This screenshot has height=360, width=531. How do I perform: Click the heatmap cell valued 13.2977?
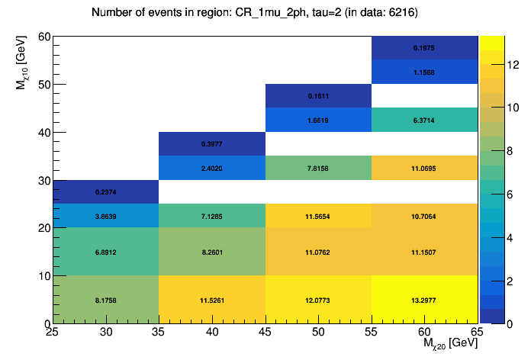coord(424,300)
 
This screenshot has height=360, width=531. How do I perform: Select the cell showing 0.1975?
coord(424,48)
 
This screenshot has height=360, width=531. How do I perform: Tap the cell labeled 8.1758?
coord(105,300)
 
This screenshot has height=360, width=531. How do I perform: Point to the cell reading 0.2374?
coord(105,192)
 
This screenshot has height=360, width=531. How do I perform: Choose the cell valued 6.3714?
coord(424,120)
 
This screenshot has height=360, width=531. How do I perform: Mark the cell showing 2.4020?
coord(211,168)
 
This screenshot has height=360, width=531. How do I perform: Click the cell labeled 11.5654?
coord(318,216)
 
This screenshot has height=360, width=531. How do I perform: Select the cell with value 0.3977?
coord(211,144)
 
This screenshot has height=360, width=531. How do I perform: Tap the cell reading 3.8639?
coord(105,216)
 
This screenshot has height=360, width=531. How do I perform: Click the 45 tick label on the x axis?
coord(265,333)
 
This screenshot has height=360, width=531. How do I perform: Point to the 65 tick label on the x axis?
coord(477,333)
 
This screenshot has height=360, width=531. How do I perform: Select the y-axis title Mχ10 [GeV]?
coord(22,67)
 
